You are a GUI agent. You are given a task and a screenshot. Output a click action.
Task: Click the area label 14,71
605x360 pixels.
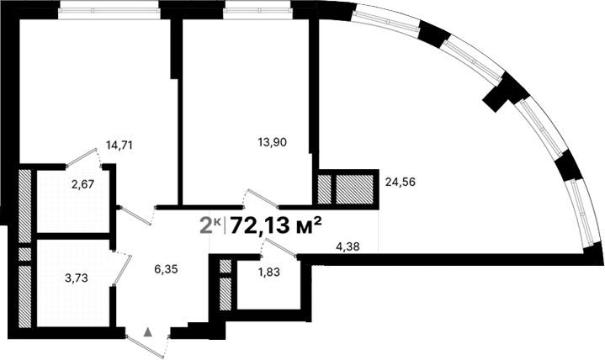[x=119, y=145]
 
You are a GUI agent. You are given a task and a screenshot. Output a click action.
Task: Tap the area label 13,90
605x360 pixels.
[x=272, y=142]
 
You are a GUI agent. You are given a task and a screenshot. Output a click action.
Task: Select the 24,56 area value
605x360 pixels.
[x=401, y=181]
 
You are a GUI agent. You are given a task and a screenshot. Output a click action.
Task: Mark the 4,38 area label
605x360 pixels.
[x=348, y=246]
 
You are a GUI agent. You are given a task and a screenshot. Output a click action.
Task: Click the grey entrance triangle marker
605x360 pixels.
[x=149, y=332]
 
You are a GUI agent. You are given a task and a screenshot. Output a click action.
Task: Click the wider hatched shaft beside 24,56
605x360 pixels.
[x=354, y=188]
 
